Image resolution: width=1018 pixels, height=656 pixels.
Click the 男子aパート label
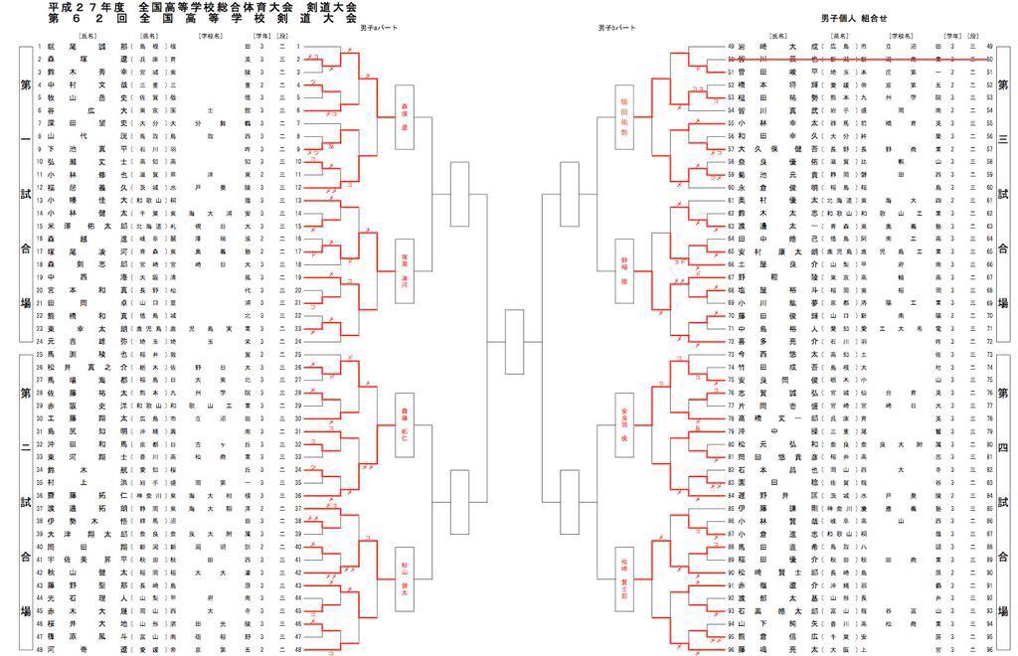tap(379, 28)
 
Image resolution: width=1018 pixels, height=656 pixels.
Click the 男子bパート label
tap(617, 28)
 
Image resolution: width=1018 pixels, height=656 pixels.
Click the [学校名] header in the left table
tap(208, 37)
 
